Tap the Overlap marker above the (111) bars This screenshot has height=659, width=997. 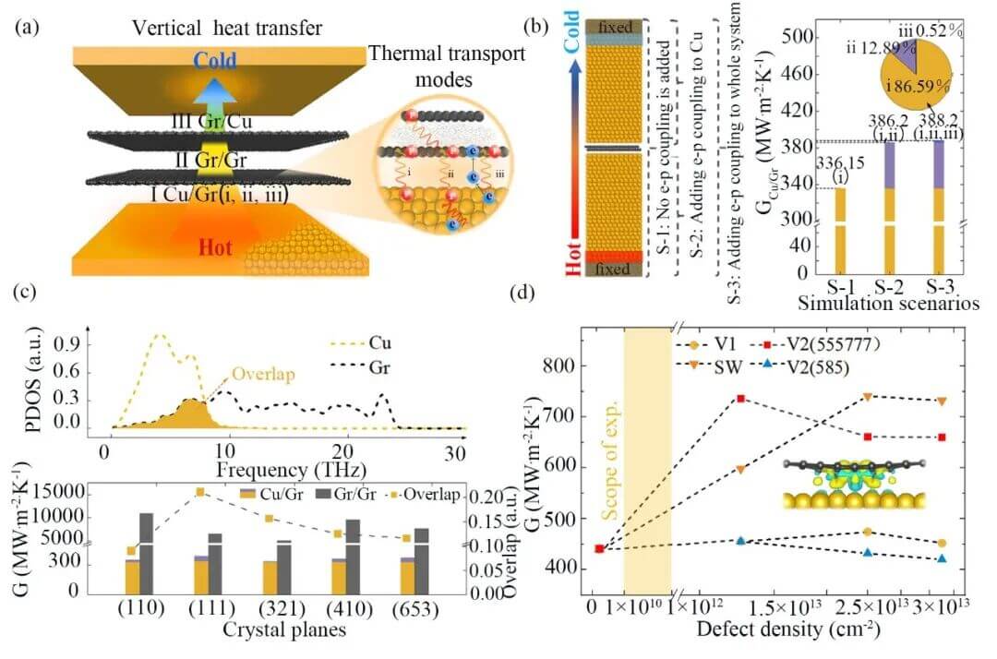click(x=199, y=491)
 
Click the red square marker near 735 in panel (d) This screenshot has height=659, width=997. click(x=740, y=399)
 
